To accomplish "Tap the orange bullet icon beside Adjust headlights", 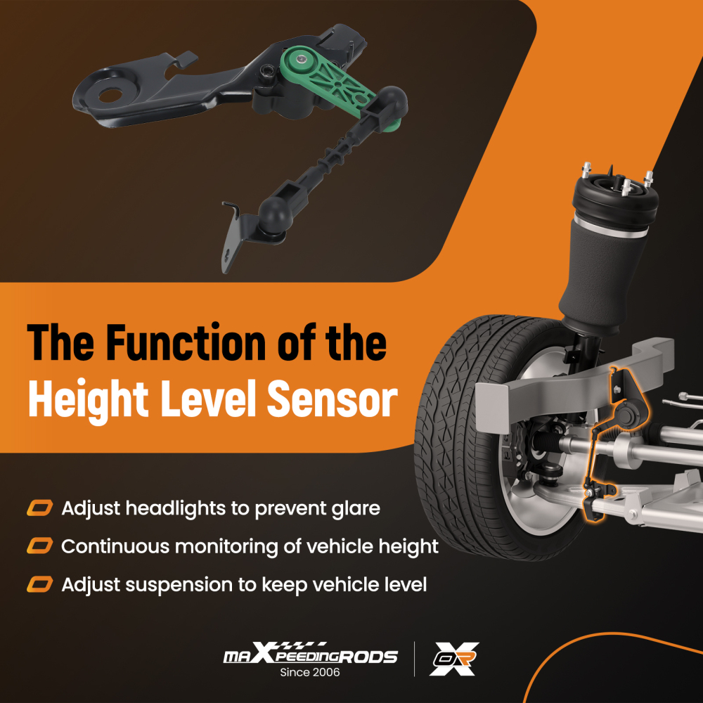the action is click(x=40, y=508).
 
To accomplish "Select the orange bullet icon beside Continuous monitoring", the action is click(x=40, y=546).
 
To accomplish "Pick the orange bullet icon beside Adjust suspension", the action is click(x=40, y=584).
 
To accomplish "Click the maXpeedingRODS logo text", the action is click(x=310, y=654).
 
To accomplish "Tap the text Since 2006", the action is click(x=310, y=672).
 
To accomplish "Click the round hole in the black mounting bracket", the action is click(x=110, y=94).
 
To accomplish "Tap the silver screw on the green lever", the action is click(x=302, y=59).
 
